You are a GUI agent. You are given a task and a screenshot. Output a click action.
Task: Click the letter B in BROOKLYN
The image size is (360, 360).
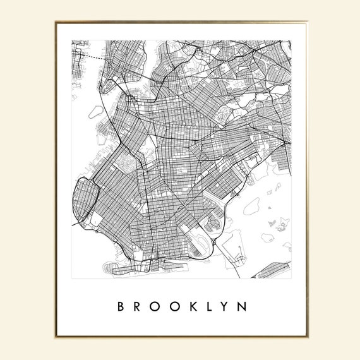[x=121, y=307]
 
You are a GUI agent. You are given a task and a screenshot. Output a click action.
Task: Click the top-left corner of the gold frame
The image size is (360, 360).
[x=56, y=20]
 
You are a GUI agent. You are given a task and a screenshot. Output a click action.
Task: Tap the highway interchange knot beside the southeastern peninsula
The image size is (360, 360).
[x=216, y=242]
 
